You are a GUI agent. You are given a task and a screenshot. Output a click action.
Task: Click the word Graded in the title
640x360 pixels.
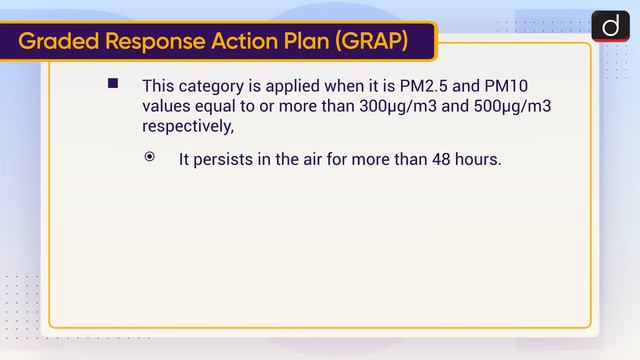pyautogui.click(x=59, y=42)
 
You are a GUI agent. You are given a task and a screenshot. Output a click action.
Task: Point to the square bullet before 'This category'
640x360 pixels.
pyautogui.click(x=113, y=83)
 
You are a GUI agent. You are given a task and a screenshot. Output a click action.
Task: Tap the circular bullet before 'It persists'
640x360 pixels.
pyautogui.click(x=150, y=157)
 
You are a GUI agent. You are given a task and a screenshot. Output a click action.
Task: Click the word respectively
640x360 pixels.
pyautogui.click(x=187, y=128)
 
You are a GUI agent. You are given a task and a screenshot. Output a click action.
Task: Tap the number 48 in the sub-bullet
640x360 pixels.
pyautogui.click(x=433, y=158)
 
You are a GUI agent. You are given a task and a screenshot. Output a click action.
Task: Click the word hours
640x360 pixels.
pyautogui.click(x=475, y=158)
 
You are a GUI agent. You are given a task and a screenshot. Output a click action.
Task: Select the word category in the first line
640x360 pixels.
pyautogui.click(x=212, y=86)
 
